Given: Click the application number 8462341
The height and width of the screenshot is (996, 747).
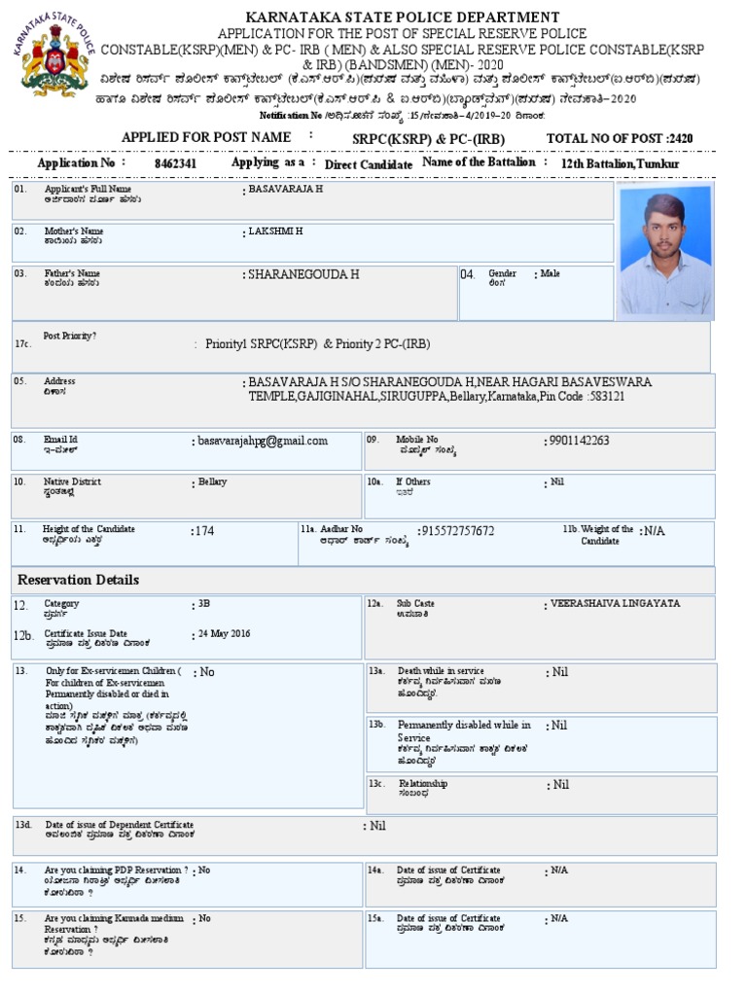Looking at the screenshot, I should [x=175, y=163].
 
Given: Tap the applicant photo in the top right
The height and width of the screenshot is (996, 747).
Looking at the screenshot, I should [x=666, y=250].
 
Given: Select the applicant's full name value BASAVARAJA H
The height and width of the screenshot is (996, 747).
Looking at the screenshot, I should [x=286, y=189].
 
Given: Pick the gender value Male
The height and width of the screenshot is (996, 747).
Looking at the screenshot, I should [x=551, y=275].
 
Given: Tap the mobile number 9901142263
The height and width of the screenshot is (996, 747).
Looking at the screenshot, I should [x=580, y=441].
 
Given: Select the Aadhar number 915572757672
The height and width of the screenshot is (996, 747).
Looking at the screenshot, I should [x=457, y=531].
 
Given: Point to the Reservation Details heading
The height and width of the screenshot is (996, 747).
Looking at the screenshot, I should [x=79, y=580].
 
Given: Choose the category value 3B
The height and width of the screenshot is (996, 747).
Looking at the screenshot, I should [x=204, y=604].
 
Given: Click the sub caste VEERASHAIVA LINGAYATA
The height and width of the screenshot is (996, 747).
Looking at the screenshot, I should [x=616, y=604].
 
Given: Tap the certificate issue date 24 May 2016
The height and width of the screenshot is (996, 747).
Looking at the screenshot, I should [x=225, y=634].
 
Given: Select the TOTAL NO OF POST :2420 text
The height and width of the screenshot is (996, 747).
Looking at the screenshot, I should [x=620, y=139].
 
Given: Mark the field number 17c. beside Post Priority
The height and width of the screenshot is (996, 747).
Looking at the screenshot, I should [x=23, y=344].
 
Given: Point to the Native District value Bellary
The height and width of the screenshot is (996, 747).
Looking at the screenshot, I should [x=213, y=482].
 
